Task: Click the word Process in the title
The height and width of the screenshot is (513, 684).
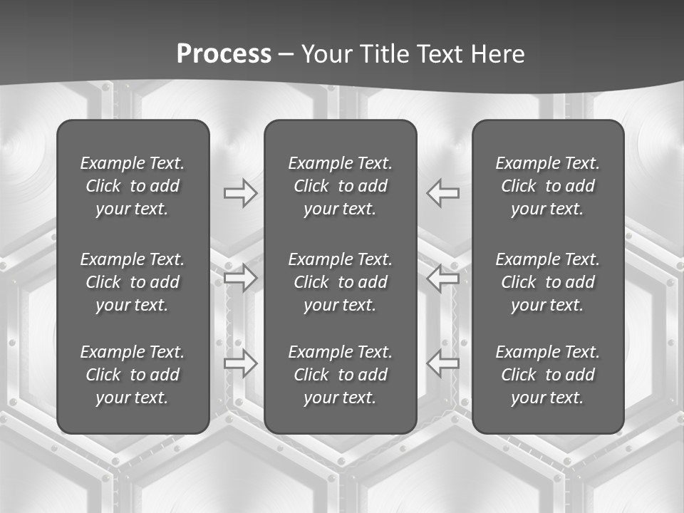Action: (x=224, y=54)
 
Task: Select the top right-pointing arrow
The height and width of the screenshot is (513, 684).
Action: (x=241, y=193)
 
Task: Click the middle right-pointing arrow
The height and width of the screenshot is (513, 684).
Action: (x=241, y=278)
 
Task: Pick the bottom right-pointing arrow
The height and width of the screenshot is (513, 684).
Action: (x=241, y=363)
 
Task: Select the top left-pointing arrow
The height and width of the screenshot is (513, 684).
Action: (x=442, y=193)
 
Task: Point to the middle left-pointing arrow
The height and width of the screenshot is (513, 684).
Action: (x=442, y=278)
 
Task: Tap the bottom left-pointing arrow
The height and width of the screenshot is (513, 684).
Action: (x=442, y=363)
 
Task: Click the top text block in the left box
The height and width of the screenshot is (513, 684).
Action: (x=133, y=186)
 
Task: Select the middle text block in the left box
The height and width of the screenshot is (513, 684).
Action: (x=133, y=282)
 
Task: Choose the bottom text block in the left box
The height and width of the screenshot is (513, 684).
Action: (x=133, y=375)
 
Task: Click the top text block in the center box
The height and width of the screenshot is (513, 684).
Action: (x=341, y=186)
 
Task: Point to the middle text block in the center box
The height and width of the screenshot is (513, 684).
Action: (x=341, y=282)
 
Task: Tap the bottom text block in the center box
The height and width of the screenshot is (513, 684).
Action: (x=341, y=375)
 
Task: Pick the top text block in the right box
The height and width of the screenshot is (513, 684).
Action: (x=548, y=186)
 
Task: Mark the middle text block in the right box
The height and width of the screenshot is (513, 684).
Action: (x=548, y=282)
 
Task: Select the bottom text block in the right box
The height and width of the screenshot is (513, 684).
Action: (x=548, y=375)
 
